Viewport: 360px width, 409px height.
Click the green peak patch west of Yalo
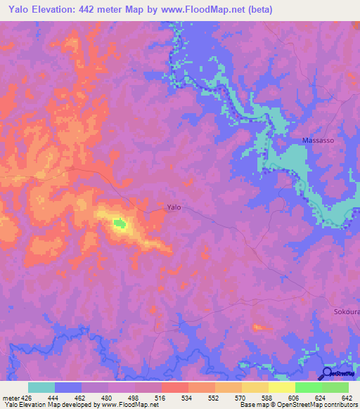click(120, 224)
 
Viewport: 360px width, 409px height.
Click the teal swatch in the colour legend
click(41, 387)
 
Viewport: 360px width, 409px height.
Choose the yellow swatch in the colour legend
click(281, 387)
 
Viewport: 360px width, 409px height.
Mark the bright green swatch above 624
click(308, 387)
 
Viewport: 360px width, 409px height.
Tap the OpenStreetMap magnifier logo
click(327, 374)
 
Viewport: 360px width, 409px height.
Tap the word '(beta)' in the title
click(257, 10)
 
